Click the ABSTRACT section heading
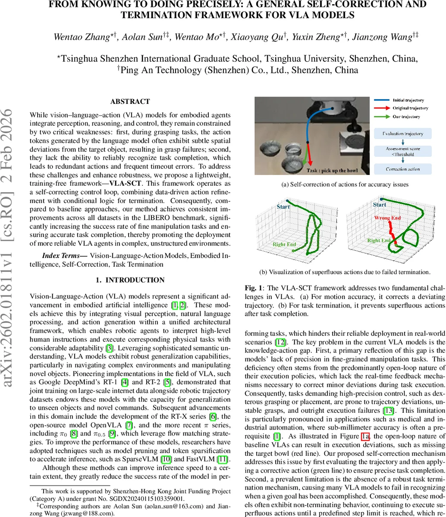[130, 102]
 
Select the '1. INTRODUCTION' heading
[130, 280]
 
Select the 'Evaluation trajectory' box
[402, 134]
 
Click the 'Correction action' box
[402, 169]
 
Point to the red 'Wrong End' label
[387, 218]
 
